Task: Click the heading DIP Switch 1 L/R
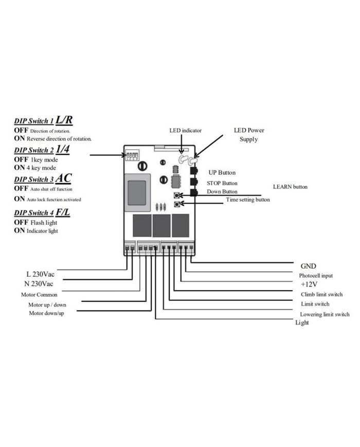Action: click(x=43, y=120)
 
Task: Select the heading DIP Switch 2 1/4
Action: click(x=41, y=150)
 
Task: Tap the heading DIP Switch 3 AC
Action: click(x=43, y=178)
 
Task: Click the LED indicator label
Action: click(x=186, y=130)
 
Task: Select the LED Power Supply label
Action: click(x=249, y=135)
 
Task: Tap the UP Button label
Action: click(x=222, y=172)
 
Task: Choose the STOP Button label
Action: click(x=222, y=183)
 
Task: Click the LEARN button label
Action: click(x=290, y=187)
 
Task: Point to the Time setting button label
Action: click(x=248, y=199)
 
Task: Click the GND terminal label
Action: click(x=309, y=266)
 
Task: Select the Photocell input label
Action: click(x=316, y=276)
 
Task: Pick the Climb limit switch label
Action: click(x=322, y=294)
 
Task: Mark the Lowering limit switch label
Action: click(x=325, y=314)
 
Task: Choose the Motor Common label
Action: click(x=39, y=295)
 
